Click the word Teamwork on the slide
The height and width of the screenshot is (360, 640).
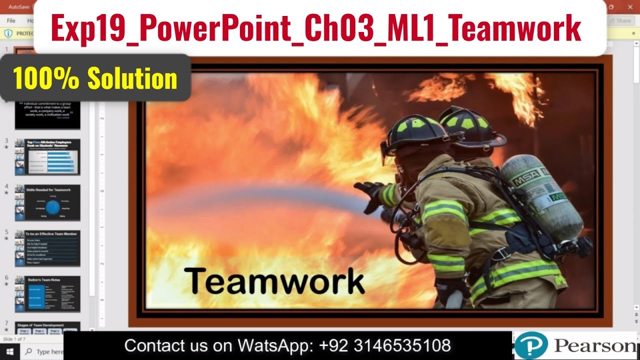click(x=274, y=281)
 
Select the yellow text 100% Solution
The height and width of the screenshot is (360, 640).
click(x=95, y=79)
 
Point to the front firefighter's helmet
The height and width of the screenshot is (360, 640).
click(x=415, y=133)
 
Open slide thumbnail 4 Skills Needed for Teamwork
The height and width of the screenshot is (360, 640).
click(x=47, y=203)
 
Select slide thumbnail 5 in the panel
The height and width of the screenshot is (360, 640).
click(x=47, y=248)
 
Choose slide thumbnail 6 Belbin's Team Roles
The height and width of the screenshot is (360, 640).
click(x=47, y=294)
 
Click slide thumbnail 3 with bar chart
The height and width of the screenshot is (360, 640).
click(x=47, y=157)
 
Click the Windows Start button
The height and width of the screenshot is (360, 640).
click(x=9, y=351)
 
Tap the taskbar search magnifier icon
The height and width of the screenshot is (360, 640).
click(x=28, y=351)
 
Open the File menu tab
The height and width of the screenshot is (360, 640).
click(x=11, y=21)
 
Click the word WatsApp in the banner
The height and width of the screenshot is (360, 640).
click(x=270, y=345)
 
